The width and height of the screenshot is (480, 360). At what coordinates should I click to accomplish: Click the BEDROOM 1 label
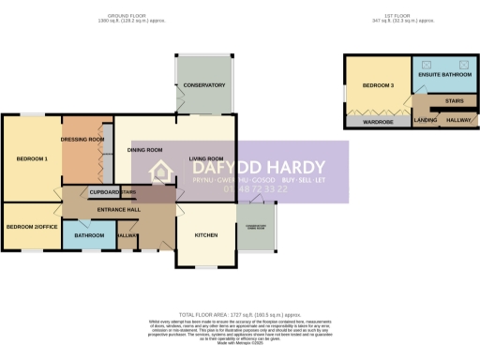pos(31,158)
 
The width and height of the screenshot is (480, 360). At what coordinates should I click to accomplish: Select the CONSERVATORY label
pos(204,85)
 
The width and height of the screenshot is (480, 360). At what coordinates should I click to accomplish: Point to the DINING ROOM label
pos(145,149)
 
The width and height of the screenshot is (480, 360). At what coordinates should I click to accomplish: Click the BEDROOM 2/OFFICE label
pos(31,226)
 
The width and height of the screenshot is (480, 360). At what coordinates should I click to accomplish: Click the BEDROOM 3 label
pos(378,85)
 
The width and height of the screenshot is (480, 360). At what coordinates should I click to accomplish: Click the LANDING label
pos(425,120)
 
